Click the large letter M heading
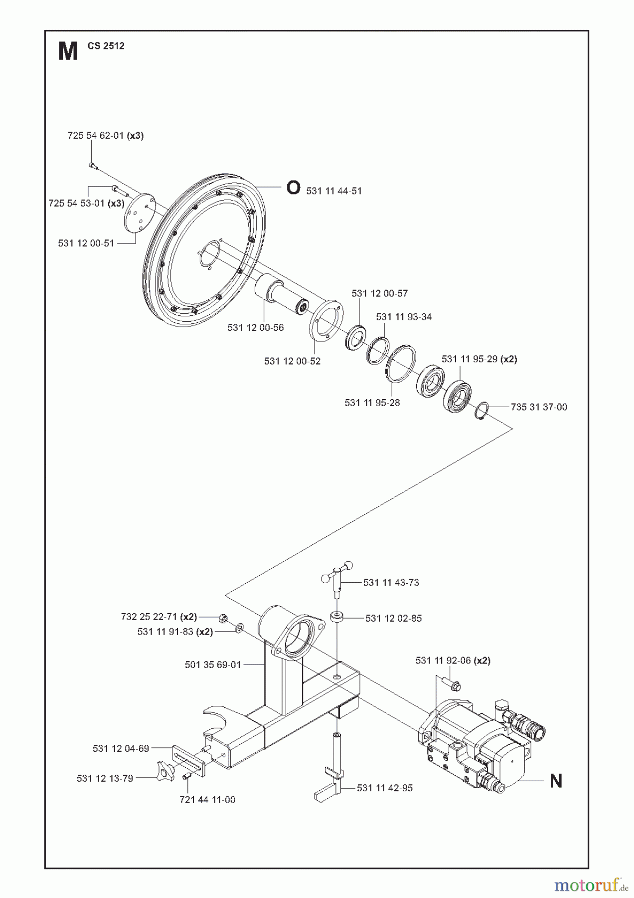pyautogui.click(x=68, y=51)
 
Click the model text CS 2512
pyautogui.click(x=106, y=46)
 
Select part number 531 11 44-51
pyautogui.click(x=334, y=191)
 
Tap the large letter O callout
pyautogui.click(x=294, y=188)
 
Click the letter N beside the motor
pyautogui.click(x=556, y=781)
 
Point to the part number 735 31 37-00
pyautogui.click(x=539, y=407)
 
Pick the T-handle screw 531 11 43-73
pyautogui.click(x=337, y=579)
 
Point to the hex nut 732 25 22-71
pyautogui.click(x=224, y=619)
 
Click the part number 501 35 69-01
pyautogui.click(x=212, y=665)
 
